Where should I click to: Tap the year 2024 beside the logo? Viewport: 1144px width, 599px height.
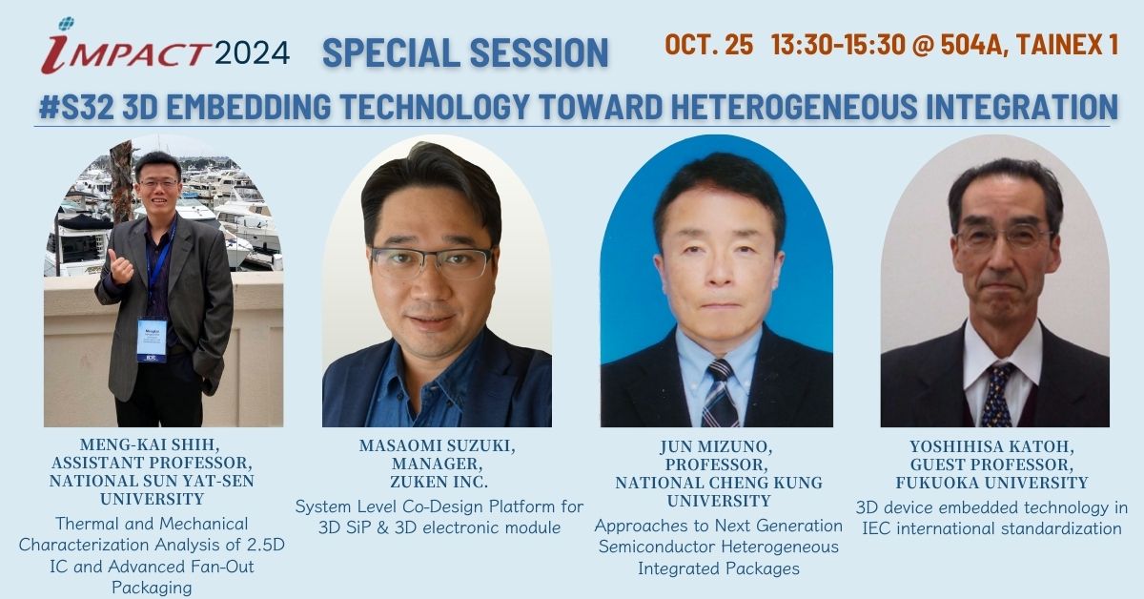(253, 52)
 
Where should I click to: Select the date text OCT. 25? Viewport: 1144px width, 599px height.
(709, 45)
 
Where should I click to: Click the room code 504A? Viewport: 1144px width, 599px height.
(973, 45)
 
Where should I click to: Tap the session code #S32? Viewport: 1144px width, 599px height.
(76, 107)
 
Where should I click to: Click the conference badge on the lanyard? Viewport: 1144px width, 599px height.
(152, 341)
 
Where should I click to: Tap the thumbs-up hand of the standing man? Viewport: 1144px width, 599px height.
(119, 266)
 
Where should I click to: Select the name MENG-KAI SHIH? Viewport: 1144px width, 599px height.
(151, 444)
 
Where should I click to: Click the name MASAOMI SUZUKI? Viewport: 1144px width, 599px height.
(438, 445)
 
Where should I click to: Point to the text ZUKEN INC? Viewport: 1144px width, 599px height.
(439, 482)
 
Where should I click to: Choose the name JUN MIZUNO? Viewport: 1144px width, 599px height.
(716, 446)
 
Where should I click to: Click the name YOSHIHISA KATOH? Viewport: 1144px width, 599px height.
(991, 446)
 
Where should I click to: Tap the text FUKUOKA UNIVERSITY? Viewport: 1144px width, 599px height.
(991, 483)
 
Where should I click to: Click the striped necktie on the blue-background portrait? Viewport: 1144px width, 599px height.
(720, 394)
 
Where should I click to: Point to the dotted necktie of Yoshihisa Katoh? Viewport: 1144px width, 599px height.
(997, 395)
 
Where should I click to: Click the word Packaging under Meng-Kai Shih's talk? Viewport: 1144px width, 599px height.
(152, 588)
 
